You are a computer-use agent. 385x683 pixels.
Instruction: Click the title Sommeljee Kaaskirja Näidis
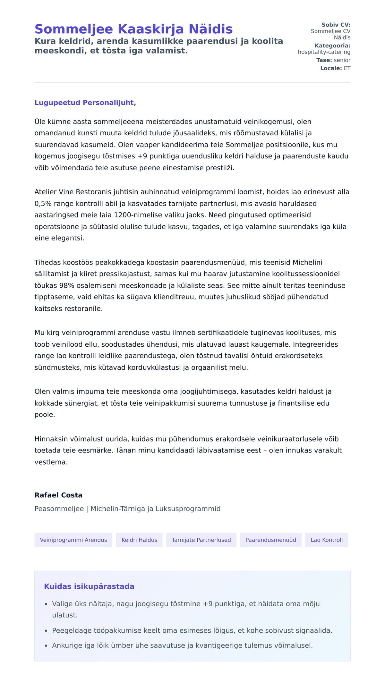pos(133,29)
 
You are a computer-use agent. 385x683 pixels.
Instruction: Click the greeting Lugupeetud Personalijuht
pos(85,103)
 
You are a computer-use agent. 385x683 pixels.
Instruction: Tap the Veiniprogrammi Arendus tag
pos(73,540)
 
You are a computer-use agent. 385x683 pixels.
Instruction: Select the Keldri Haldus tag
pos(139,540)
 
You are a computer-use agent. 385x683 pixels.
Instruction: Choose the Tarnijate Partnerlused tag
pos(201,540)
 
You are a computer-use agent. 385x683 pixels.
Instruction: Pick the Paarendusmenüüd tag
pos(270,540)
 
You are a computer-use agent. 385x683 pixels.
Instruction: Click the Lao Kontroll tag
pos(326,540)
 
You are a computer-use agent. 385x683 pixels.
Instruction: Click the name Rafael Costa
pos(58,495)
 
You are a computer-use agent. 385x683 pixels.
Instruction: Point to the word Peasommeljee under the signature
pos(59,509)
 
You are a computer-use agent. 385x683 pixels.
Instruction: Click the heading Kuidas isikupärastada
pos(89,586)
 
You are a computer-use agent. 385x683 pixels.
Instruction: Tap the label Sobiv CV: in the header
pos(336,25)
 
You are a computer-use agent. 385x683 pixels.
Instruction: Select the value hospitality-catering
pos(324,52)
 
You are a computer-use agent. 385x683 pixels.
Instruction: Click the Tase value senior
pos(342,60)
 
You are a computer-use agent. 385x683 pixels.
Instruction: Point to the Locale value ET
pos(347,68)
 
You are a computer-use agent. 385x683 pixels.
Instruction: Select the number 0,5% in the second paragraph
pos(43,204)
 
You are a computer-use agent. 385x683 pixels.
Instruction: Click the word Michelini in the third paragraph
pos(307,262)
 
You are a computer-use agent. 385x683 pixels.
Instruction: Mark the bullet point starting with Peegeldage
pos(192,630)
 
